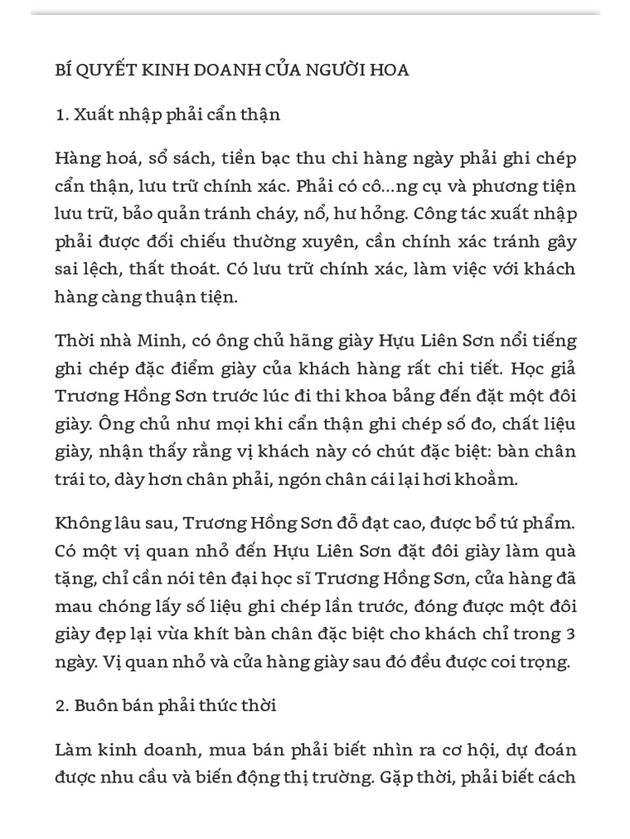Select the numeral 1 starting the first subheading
pos(59,115)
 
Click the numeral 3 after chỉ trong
pos(571,635)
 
